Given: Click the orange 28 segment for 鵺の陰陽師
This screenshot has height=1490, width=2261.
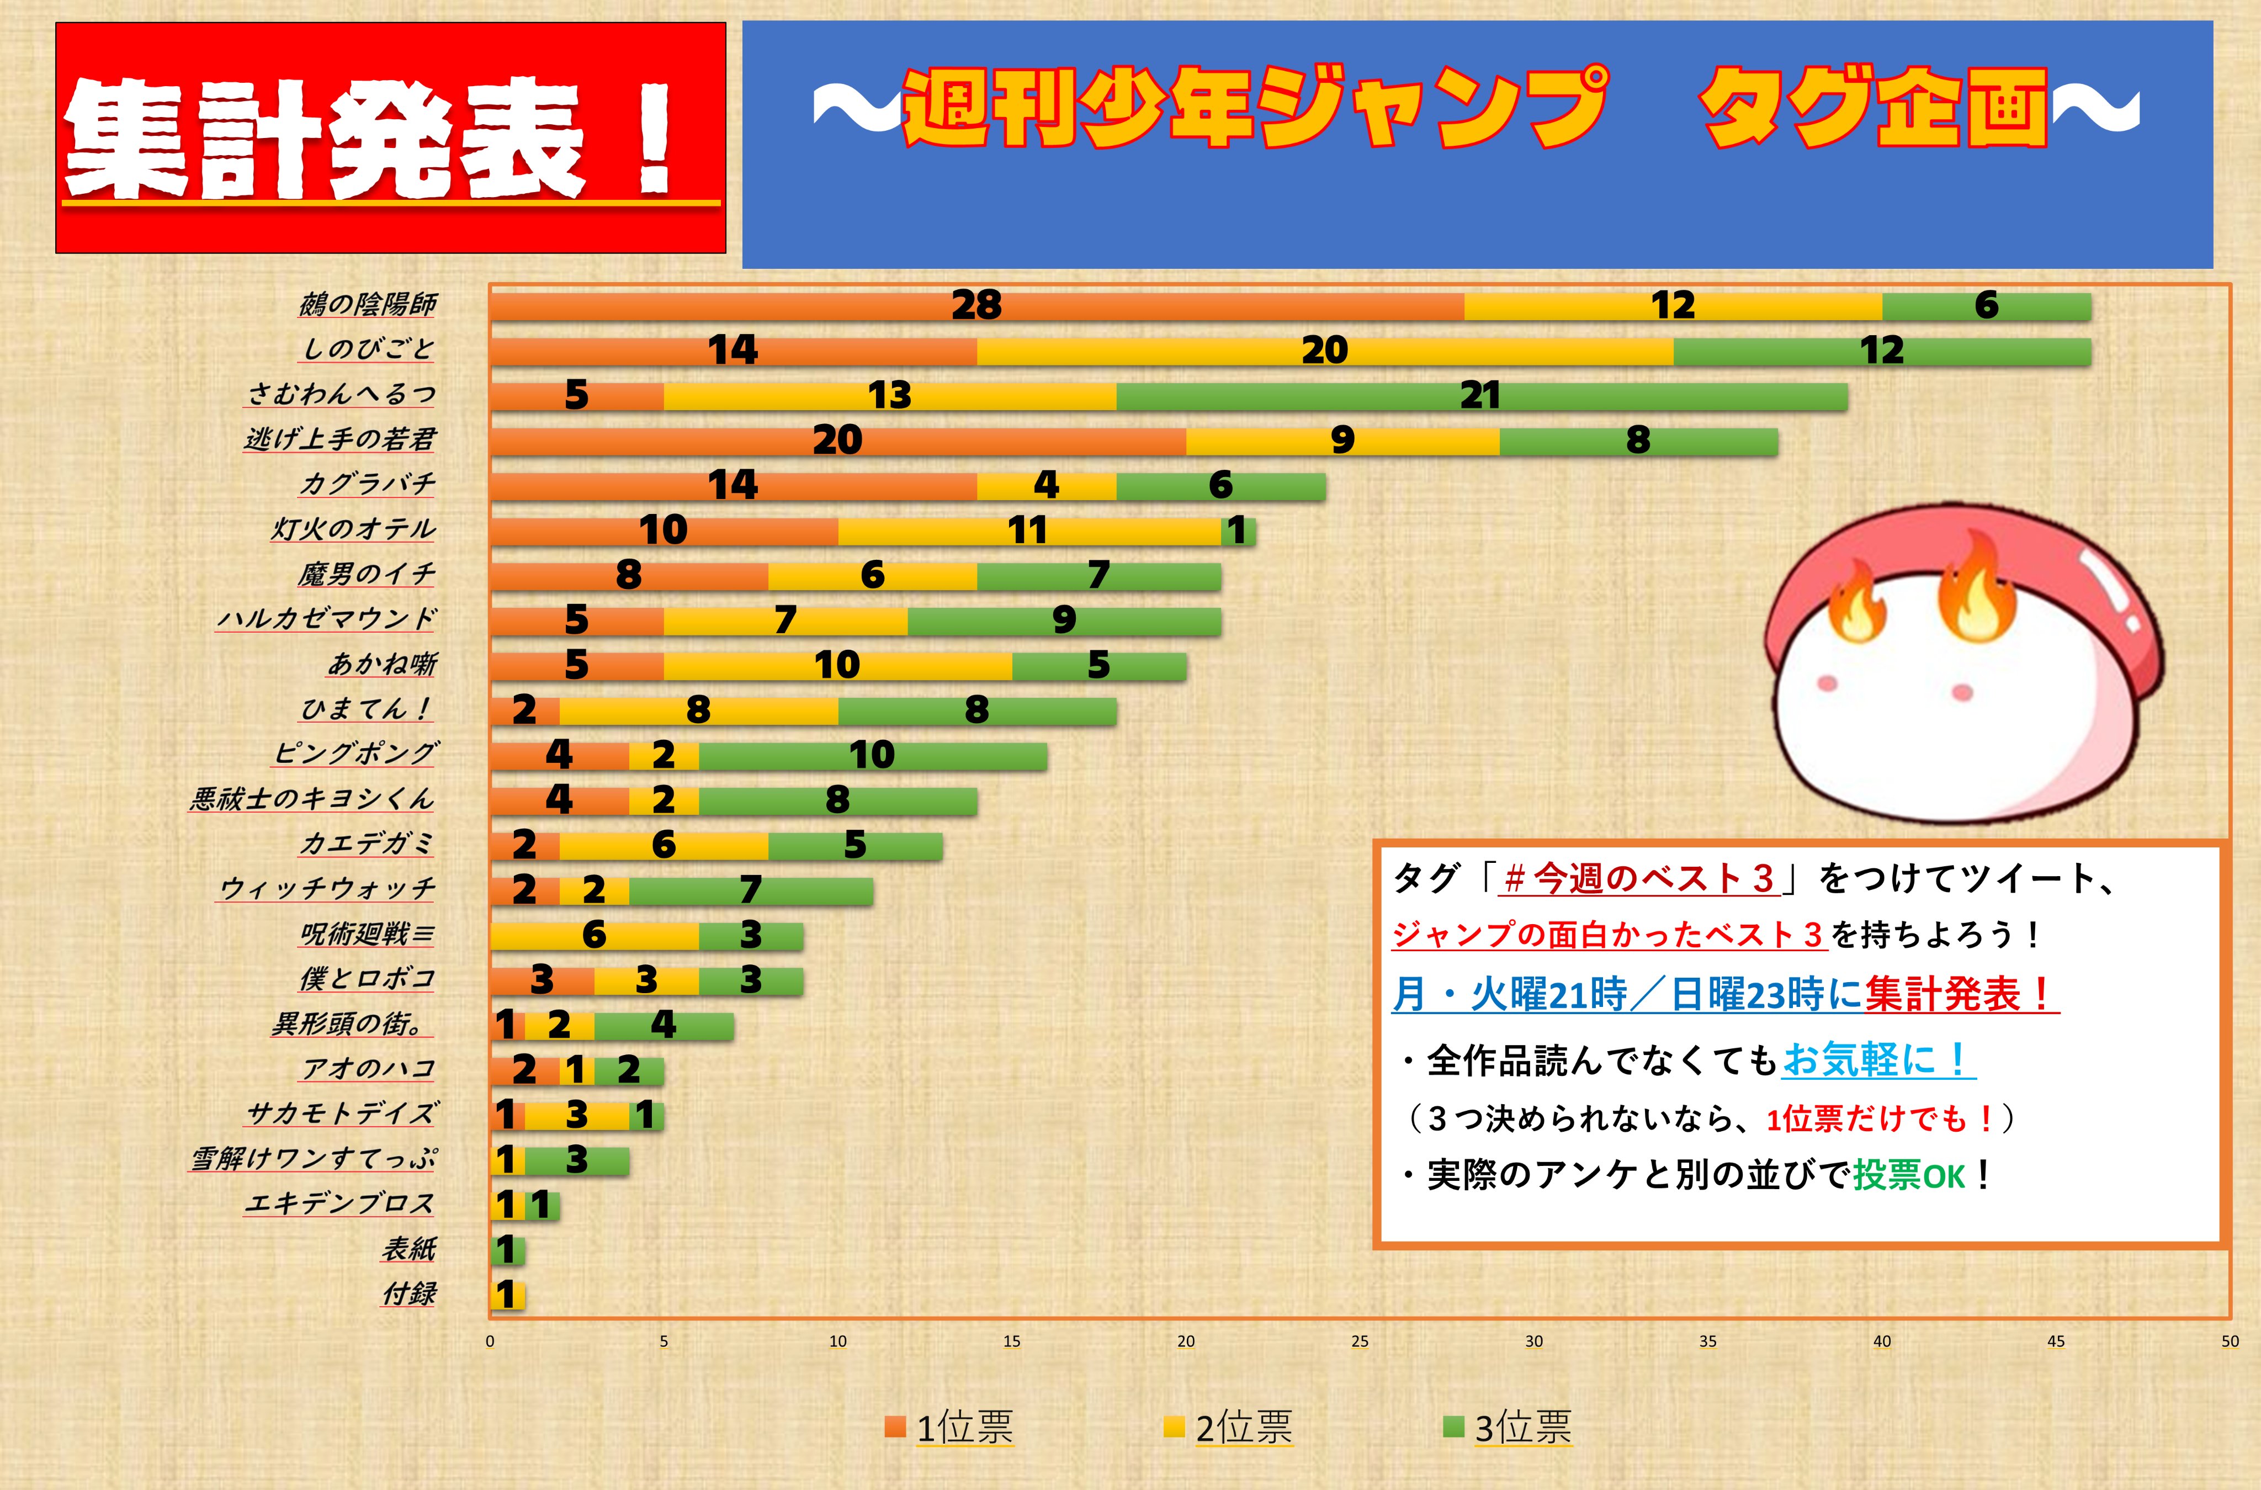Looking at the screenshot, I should [976, 306].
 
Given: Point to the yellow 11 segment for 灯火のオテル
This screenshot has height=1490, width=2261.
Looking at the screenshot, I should [1029, 530].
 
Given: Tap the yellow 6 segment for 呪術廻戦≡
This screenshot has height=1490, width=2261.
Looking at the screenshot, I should [595, 935].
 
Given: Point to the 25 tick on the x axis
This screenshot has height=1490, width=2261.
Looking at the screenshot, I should [1360, 1341].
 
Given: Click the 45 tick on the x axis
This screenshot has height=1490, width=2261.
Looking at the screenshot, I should [2056, 1341].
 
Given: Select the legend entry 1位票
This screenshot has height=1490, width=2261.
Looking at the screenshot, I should [950, 1427].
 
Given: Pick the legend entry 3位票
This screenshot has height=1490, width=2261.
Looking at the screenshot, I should [1509, 1427].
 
